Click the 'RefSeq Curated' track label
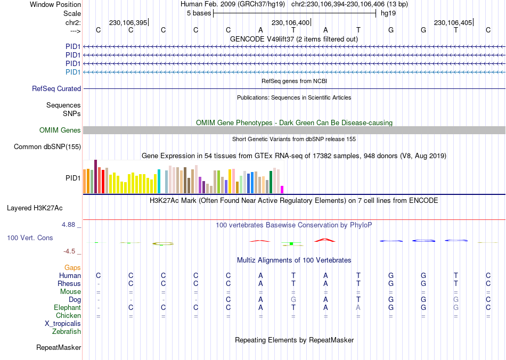point(56,89)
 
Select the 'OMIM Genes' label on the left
point(60,130)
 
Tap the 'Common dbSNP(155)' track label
point(47,147)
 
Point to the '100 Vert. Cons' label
point(30,238)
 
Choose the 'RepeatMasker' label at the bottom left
point(59,348)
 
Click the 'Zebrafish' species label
point(67,332)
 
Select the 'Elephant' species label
point(67,308)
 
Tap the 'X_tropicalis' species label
point(63,324)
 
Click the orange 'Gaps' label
point(72,268)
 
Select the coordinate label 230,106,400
point(290,23)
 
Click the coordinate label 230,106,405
point(453,23)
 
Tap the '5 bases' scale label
point(199,13)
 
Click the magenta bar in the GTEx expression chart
point(282,190)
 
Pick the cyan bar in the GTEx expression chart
point(159,182)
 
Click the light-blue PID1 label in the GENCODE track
point(73,72)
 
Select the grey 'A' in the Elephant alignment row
point(358,308)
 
